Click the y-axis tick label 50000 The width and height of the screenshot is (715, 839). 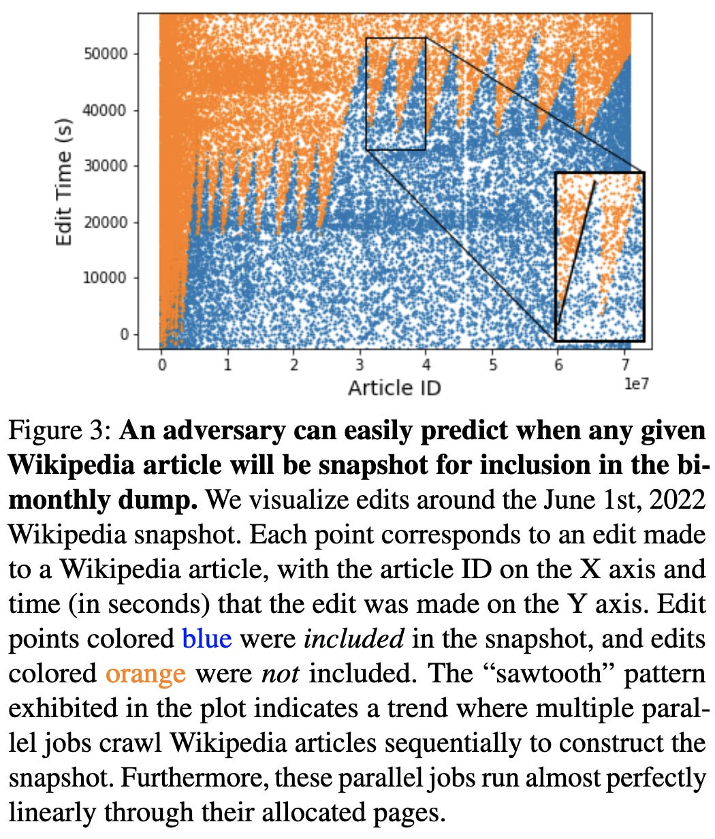pyautogui.click(x=106, y=54)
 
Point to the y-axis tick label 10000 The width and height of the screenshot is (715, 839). pyautogui.click(x=106, y=278)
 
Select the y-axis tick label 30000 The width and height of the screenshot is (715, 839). pyautogui.click(x=106, y=165)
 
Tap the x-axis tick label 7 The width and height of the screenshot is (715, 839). pyautogui.click(x=624, y=364)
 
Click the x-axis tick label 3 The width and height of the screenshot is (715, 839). pyautogui.click(x=360, y=364)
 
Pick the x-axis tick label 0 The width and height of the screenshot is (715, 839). pyautogui.click(x=161, y=364)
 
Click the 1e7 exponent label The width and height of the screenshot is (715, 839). pyautogui.click(x=636, y=384)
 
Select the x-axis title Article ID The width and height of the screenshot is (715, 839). pyautogui.click(x=394, y=388)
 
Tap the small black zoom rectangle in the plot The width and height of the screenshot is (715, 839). pyautogui.click(x=396, y=93)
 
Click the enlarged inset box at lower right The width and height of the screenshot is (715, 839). pyautogui.click(x=599, y=257)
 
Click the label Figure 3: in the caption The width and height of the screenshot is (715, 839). pyautogui.click(x=59, y=431)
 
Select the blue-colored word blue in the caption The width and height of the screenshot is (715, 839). pyautogui.click(x=207, y=639)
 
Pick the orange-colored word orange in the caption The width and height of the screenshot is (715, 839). pyautogui.click(x=145, y=674)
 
